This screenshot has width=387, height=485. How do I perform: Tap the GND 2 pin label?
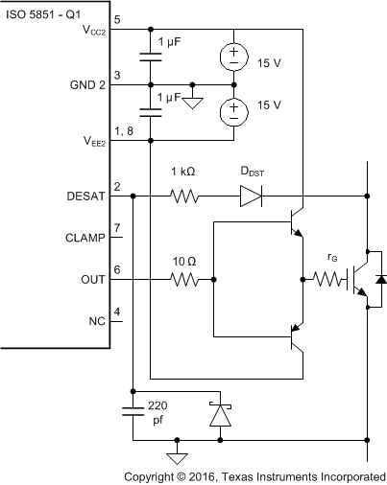pos(87,84)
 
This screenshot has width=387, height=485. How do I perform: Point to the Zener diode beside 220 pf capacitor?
pos(221,414)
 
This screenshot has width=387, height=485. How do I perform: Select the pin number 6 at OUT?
pos(117,271)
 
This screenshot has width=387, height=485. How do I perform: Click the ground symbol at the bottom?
pos(176,456)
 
